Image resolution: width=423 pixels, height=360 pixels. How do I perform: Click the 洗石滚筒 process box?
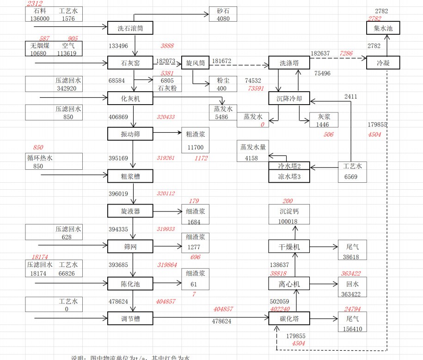pyautogui.click(x=130, y=28)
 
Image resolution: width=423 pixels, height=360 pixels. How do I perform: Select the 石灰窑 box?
pyautogui.click(x=130, y=62)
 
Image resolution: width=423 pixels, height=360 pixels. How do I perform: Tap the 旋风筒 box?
pyautogui.click(x=196, y=62)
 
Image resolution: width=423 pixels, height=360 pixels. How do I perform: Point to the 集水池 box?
pyautogui.click(x=380, y=28)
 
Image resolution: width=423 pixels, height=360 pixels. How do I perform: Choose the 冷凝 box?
pyautogui.click(x=383, y=62)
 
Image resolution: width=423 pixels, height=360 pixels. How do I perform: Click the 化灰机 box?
pyautogui.click(x=130, y=98)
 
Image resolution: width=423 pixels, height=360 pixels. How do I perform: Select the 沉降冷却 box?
pyautogui.click(x=289, y=98)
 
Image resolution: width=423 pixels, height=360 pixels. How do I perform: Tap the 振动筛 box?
pyautogui.click(x=130, y=134)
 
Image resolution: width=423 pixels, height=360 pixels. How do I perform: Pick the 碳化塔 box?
pyautogui.click(x=289, y=318)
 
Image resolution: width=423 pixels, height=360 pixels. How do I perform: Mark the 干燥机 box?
pyautogui.click(x=289, y=247)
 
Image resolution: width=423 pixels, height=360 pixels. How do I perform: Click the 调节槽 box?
pyautogui.click(x=130, y=318)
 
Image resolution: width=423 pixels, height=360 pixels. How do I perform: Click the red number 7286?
pyautogui.click(x=346, y=54)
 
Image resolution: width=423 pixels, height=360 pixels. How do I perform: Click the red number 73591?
pyautogui.click(x=256, y=88)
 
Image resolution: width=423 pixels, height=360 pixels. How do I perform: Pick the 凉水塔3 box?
pyautogui.click(x=289, y=176)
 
